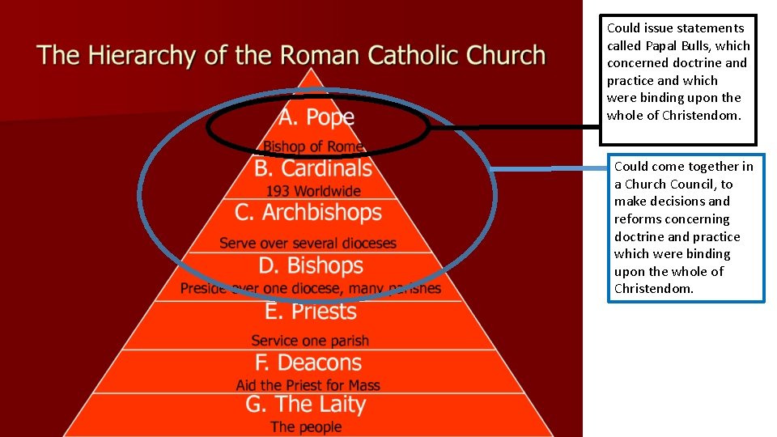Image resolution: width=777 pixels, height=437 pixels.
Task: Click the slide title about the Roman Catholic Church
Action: [x=291, y=56]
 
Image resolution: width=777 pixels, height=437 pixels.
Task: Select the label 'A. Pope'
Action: [x=316, y=117]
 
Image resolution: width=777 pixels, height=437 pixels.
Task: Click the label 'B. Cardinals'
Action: [x=313, y=168]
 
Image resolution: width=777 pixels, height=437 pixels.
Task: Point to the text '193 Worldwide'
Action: [x=313, y=192]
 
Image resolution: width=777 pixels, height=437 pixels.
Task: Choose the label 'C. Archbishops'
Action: [x=308, y=213]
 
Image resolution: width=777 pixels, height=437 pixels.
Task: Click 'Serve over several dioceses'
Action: [x=308, y=243]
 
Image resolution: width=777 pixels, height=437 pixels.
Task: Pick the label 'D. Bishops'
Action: [x=311, y=265]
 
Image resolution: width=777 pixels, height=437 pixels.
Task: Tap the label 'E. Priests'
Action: [x=311, y=312]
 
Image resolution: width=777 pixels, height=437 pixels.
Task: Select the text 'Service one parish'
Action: [x=310, y=341]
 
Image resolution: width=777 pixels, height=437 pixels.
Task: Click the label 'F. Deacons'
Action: [x=308, y=363]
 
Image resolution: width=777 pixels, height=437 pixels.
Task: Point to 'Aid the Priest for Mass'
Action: [x=308, y=385]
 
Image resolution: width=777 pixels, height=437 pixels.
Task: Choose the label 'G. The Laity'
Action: [x=306, y=405]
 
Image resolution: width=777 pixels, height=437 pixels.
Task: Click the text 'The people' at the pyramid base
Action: [x=306, y=426]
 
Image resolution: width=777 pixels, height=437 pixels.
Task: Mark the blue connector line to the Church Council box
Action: [x=550, y=169]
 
